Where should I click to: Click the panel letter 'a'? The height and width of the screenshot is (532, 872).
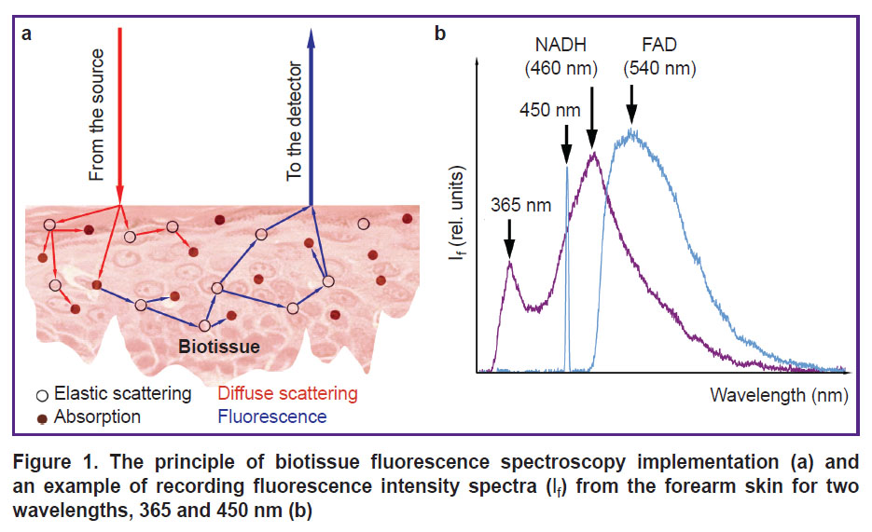click(x=26, y=34)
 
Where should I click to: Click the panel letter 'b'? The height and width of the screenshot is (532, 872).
click(x=440, y=34)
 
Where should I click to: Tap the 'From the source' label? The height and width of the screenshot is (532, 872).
click(x=97, y=115)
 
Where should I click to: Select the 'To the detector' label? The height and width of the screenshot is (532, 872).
click(x=294, y=121)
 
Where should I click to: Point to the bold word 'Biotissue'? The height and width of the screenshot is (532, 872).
click(x=219, y=347)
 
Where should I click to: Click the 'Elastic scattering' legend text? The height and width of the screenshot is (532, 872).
click(x=122, y=394)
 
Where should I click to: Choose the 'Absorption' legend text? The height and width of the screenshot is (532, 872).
click(x=97, y=417)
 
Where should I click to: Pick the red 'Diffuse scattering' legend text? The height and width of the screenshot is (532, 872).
click(x=287, y=394)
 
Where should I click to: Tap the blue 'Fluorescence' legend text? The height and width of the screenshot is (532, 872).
click(x=272, y=417)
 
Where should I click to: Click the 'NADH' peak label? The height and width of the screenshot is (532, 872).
click(x=561, y=45)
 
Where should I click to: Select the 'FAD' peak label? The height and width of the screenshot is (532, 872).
click(x=659, y=45)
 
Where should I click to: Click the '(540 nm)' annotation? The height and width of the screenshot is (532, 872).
click(x=659, y=68)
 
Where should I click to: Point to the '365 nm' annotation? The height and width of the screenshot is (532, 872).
click(x=520, y=206)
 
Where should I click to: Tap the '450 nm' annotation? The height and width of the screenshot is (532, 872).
click(x=550, y=110)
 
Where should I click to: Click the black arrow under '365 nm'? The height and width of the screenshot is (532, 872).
click(x=509, y=239)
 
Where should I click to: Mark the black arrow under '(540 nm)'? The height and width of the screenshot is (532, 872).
click(x=631, y=103)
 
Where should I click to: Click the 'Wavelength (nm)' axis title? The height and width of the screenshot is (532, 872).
click(x=779, y=395)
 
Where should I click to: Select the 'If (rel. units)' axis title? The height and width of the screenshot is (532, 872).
click(x=458, y=213)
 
